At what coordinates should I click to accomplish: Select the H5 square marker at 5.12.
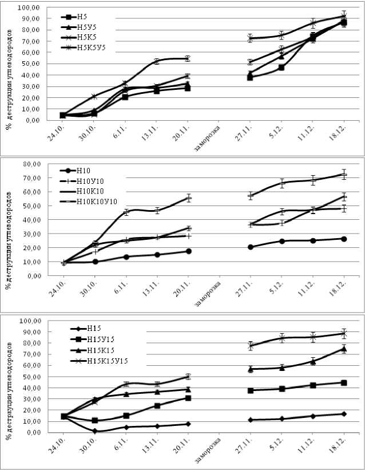click(281, 68)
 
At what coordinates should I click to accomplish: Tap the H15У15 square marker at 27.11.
click(251, 390)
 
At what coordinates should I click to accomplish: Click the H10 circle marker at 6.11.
click(126, 256)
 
